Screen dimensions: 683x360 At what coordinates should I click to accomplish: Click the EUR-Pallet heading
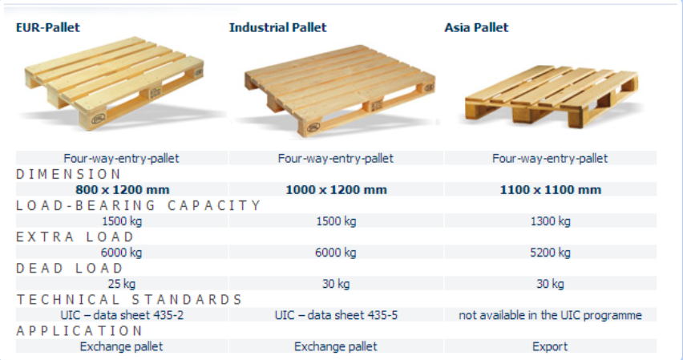(48, 27)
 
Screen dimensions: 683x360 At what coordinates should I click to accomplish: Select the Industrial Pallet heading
(277, 27)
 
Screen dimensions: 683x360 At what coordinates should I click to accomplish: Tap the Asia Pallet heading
(476, 27)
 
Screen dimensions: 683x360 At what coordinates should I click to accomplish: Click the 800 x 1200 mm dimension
(123, 189)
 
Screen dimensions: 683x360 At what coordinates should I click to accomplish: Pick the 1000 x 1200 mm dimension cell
(336, 189)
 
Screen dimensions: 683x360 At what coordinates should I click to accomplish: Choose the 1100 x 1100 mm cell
(550, 189)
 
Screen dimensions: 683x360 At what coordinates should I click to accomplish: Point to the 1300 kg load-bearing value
(550, 221)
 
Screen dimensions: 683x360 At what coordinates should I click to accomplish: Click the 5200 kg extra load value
(550, 253)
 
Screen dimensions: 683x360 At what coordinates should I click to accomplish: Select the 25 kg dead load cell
(122, 284)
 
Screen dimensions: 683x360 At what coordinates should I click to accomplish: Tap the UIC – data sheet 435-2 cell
(122, 315)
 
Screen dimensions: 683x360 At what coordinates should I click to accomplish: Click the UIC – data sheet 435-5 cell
(336, 315)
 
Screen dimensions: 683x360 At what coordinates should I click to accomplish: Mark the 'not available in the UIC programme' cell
(550, 315)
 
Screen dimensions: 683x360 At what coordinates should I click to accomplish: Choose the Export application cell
(550, 346)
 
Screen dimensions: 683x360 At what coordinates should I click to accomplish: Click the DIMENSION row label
(68, 174)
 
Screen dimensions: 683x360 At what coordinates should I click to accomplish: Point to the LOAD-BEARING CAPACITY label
(138, 205)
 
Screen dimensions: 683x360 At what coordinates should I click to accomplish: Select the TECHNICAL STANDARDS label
(129, 299)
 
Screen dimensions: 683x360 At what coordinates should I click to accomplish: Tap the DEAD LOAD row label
(70, 268)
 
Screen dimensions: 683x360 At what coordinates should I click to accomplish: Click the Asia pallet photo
(551, 96)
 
